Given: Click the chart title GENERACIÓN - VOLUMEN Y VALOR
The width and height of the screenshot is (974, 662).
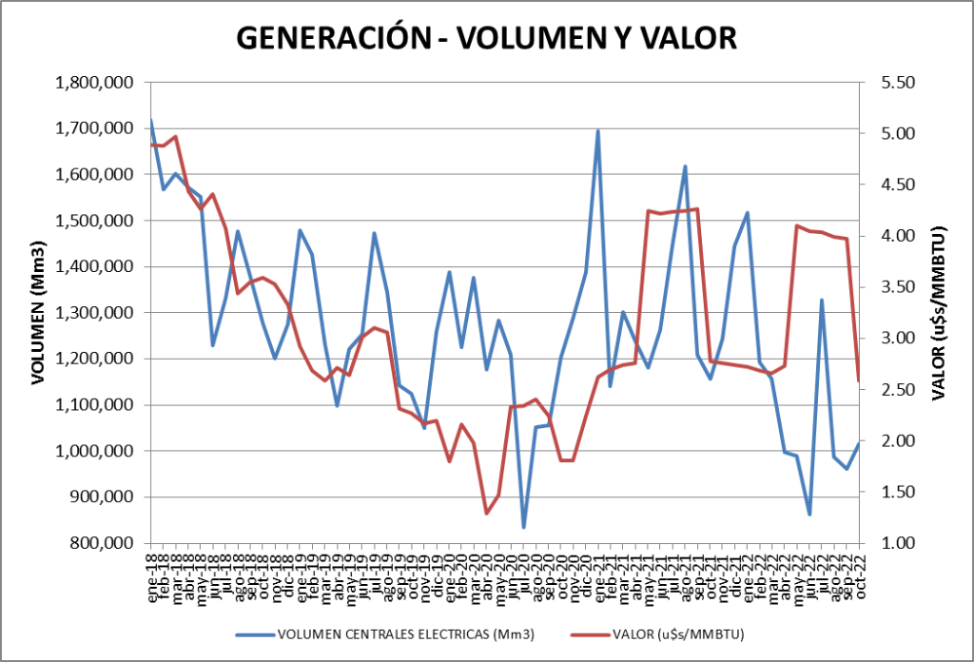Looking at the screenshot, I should point(486,37).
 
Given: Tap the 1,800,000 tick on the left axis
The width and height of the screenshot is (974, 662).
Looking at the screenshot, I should point(94,83).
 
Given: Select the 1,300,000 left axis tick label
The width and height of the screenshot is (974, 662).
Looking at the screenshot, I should point(94,313).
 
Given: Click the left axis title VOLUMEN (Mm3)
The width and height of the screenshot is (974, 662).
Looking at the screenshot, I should point(39,313).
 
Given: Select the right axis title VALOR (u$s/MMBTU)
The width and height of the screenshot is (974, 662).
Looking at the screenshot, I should point(939,313).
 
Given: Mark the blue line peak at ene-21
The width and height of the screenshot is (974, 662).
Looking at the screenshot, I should point(597,130).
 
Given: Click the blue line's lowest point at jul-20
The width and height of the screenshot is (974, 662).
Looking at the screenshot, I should point(523,527).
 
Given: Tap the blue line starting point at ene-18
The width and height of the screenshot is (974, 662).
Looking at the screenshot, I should point(151,120).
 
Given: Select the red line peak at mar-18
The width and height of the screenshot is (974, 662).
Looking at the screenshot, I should point(176,136).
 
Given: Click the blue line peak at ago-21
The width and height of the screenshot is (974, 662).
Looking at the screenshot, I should point(685,166).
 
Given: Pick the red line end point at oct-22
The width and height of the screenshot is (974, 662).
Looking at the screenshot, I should point(859,381).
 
